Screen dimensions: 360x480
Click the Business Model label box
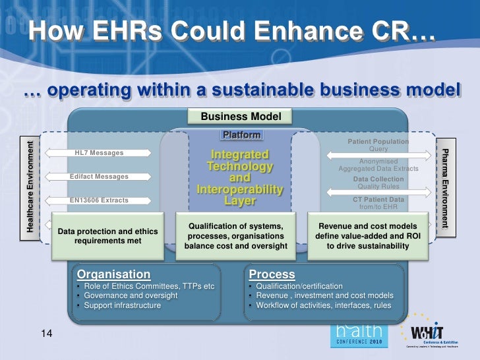click(x=241, y=117)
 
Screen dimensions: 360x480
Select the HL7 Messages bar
click(x=99, y=153)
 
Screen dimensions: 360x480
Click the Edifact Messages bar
click(x=99, y=177)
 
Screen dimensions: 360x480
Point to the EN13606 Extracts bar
click(x=99, y=200)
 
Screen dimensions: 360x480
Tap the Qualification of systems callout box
click(x=235, y=236)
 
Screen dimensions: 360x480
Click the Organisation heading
click(x=114, y=274)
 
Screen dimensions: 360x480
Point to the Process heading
click(x=272, y=274)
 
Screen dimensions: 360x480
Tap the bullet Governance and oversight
click(x=130, y=296)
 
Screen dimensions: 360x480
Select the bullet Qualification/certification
click(x=299, y=286)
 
